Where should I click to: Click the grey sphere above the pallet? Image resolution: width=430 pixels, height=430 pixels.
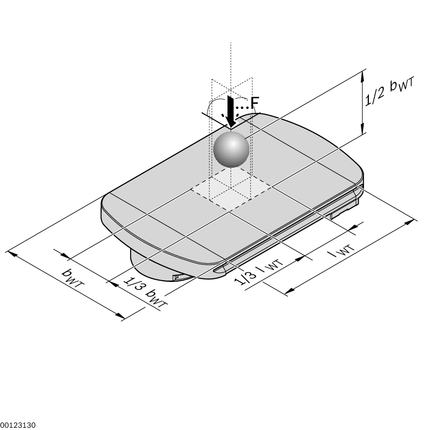pyautogui.click(x=231, y=149)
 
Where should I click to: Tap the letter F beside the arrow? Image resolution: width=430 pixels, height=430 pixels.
pyautogui.click(x=255, y=103)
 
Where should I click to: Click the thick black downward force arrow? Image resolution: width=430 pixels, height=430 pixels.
pyautogui.click(x=231, y=112)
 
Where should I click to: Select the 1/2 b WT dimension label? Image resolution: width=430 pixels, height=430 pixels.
pyautogui.click(x=389, y=91)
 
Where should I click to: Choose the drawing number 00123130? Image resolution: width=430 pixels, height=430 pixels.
pyautogui.click(x=18, y=425)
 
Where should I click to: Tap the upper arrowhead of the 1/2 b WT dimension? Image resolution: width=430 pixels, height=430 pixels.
pyautogui.click(x=363, y=76)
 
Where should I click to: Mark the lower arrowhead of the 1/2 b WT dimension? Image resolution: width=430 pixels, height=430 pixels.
pyautogui.click(x=363, y=128)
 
